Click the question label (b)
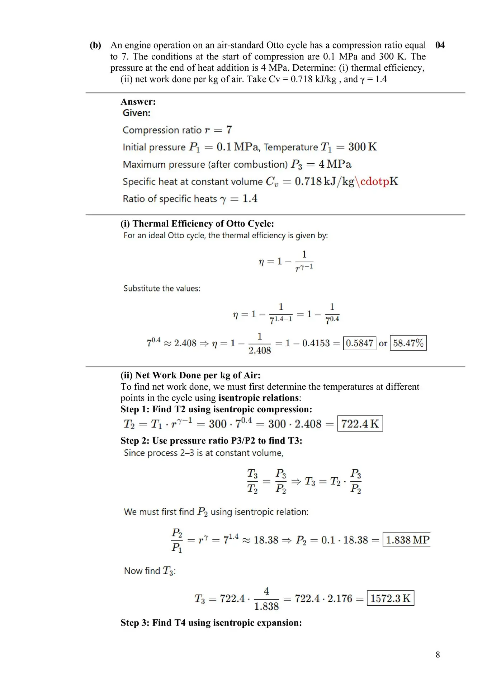coord(95,45)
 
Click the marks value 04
coord(440,45)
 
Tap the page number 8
coord(438,655)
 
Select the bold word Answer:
coord(138,102)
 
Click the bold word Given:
coord(137,113)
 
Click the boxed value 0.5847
coord(359,343)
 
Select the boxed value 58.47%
coord(408,343)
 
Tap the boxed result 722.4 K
coord(360,424)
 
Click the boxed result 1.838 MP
coord(407,540)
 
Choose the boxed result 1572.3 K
coord(390,599)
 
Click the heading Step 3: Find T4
coord(211,623)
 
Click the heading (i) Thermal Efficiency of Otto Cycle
coord(197,224)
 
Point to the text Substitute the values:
coord(162,289)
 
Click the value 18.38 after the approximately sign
coord(266,540)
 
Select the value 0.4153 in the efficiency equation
coord(316,343)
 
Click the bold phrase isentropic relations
coord(259,398)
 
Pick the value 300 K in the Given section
coord(363,147)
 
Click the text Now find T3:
coord(150,571)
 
